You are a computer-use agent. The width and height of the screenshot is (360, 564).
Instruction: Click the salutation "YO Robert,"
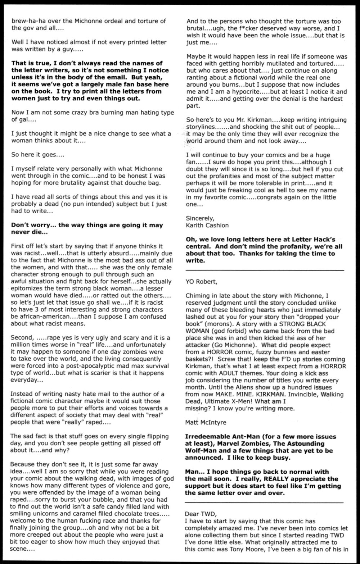pos(200,281)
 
